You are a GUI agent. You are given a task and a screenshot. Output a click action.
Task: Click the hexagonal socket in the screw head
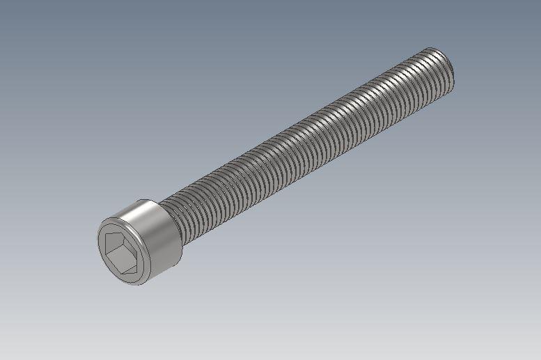pos(125,251)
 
